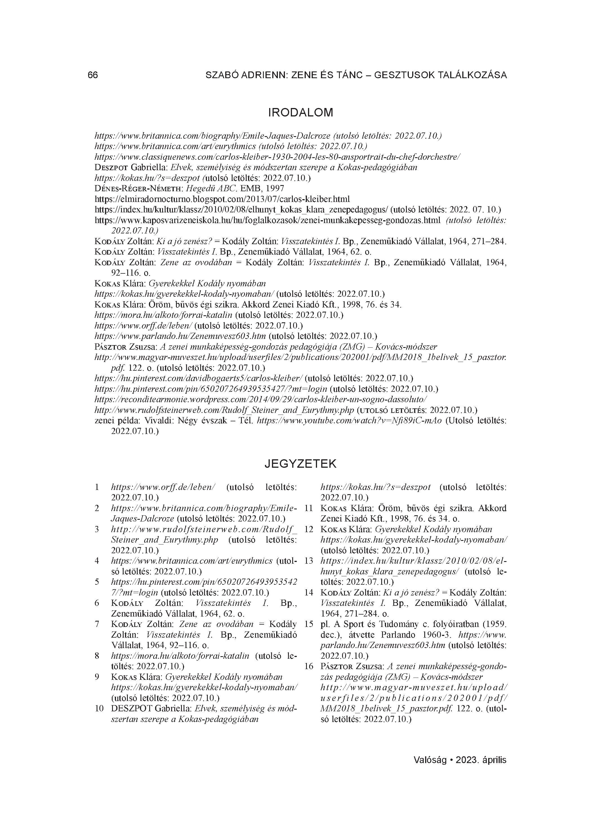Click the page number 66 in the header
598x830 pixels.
(93, 75)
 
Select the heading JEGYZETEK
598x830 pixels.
(300, 464)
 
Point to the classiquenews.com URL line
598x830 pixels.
(277, 157)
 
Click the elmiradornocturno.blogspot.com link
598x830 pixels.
(222, 199)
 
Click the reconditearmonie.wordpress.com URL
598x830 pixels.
(261, 399)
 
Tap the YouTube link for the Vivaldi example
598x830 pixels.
(350, 420)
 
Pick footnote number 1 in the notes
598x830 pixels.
(97, 487)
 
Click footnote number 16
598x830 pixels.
(309, 666)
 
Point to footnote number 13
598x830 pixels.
(309, 561)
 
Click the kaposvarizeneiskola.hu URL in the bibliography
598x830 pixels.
(267, 220)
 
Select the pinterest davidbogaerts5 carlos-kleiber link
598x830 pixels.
(198, 378)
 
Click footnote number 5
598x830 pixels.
(97, 582)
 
